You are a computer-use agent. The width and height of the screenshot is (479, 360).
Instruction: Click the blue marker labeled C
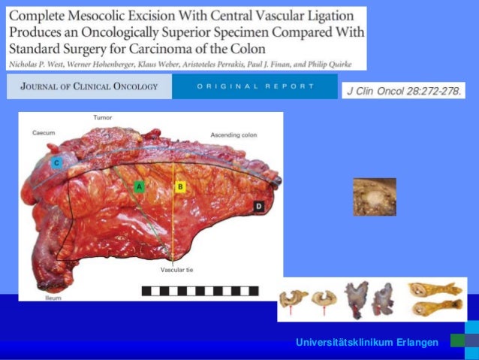[x=56, y=162]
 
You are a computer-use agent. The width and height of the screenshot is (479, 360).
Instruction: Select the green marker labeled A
[x=138, y=185]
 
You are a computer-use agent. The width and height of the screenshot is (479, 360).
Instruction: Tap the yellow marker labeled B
[x=179, y=185]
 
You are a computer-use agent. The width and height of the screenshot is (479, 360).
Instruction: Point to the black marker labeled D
[x=258, y=205]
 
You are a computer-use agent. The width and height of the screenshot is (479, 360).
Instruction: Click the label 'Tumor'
[x=103, y=118]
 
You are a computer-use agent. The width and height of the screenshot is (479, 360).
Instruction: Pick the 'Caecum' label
[x=44, y=132]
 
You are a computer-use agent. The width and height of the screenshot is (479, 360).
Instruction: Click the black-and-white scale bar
[x=200, y=290]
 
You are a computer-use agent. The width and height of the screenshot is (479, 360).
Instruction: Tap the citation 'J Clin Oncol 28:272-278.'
[x=403, y=91]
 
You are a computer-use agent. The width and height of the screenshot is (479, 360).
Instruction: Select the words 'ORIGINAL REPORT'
[x=255, y=86]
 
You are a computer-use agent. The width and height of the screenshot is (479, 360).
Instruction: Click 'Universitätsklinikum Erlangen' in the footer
[x=367, y=343]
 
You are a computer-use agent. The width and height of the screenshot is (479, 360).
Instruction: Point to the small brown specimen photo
[x=375, y=197]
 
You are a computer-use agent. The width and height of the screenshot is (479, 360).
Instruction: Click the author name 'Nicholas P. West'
[x=37, y=66]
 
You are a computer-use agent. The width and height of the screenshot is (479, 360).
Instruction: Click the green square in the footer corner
[x=457, y=340]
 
